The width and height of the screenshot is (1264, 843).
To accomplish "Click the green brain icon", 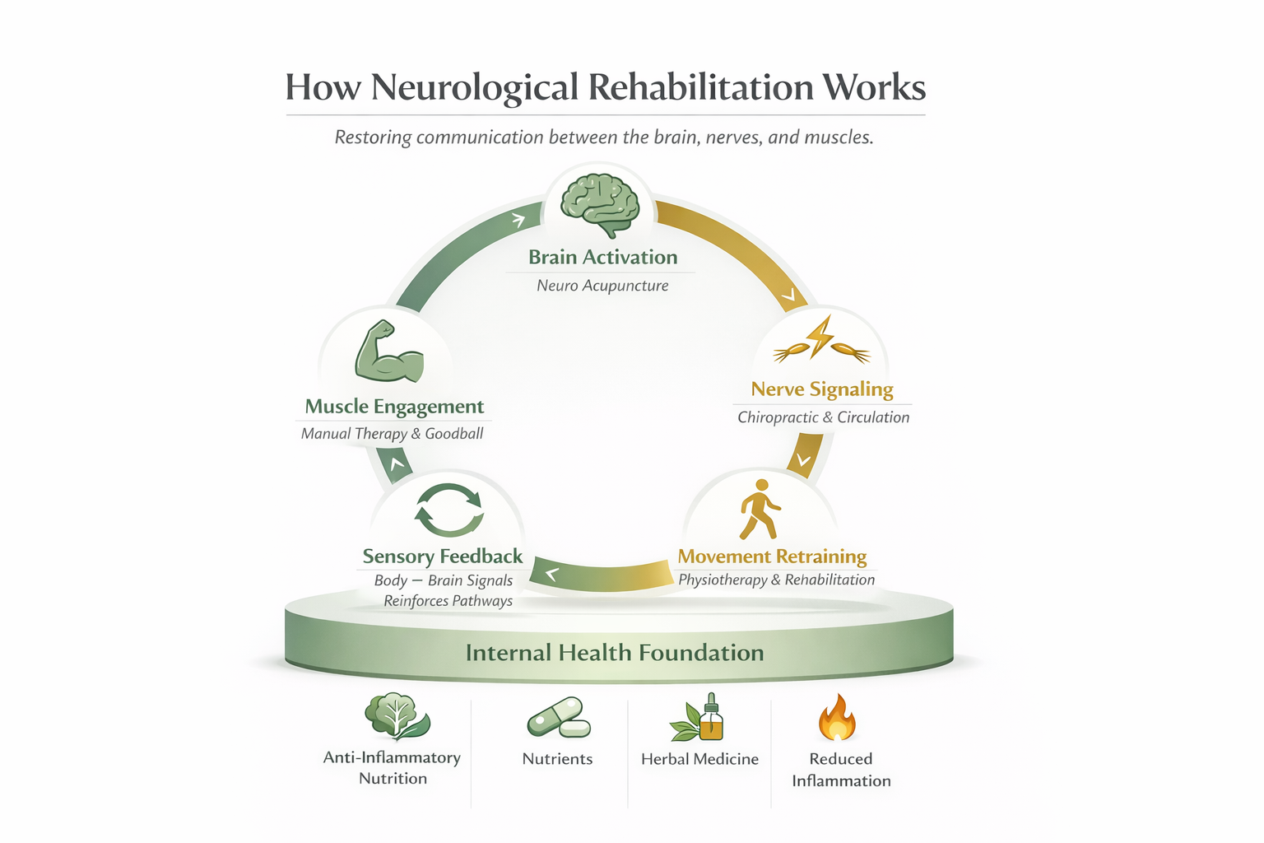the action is (600, 203).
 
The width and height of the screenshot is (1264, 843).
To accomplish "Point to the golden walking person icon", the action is (759, 509).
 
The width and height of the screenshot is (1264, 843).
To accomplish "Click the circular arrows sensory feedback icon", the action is (448, 510).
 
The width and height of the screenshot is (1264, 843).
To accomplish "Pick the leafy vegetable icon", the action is (396, 716).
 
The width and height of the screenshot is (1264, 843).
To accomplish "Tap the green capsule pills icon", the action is (559, 718).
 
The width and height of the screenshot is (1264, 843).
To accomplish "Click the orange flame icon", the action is (837, 718).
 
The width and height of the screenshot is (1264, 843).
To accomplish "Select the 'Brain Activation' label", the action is (602, 258).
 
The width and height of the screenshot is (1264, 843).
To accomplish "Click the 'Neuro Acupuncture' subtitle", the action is (602, 286).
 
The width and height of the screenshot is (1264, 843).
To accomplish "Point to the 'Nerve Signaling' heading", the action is (822, 389).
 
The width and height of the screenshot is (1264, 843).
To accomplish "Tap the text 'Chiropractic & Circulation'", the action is (823, 417).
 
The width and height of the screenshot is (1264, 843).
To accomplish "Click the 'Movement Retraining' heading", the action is (772, 557).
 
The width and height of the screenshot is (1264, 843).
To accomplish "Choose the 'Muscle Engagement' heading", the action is (394, 407).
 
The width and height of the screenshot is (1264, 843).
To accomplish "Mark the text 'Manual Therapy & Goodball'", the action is (392, 434).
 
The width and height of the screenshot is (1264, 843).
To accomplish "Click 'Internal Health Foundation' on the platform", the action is (615, 653).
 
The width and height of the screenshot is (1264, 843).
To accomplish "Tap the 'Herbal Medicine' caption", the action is (699, 759).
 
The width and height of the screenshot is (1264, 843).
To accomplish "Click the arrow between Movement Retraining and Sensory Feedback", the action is (601, 574).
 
